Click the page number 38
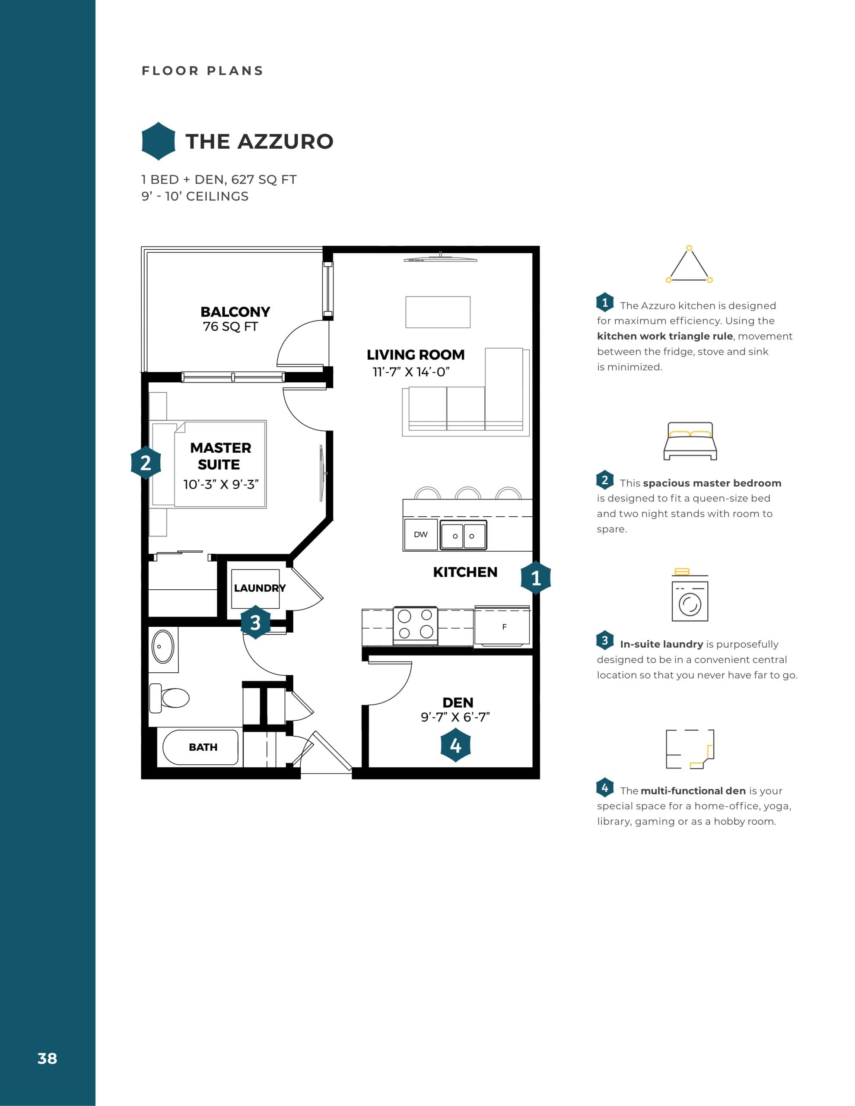(x=47, y=1058)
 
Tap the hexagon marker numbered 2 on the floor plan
(x=146, y=462)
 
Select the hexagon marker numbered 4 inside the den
(x=455, y=745)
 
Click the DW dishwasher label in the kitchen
(x=420, y=534)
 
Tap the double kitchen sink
(x=463, y=535)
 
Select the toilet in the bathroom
(x=169, y=698)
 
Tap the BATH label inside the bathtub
(x=203, y=747)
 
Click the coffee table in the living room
(x=438, y=312)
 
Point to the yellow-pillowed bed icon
(x=690, y=441)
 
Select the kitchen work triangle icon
(x=689, y=265)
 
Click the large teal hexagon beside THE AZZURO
(x=159, y=141)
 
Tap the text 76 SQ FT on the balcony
(x=230, y=327)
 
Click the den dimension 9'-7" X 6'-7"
(x=455, y=717)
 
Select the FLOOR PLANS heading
(x=203, y=71)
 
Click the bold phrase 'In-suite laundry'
(x=661, y=644)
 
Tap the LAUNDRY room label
(x=259, y=588)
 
